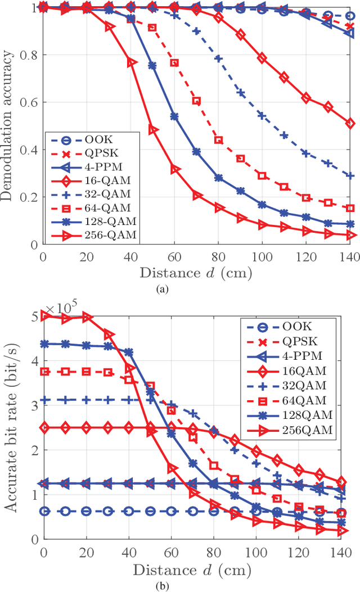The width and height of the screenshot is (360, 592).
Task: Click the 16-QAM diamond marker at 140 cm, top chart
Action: [350, 123]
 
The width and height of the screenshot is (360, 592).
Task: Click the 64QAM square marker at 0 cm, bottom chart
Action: [44, 371]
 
